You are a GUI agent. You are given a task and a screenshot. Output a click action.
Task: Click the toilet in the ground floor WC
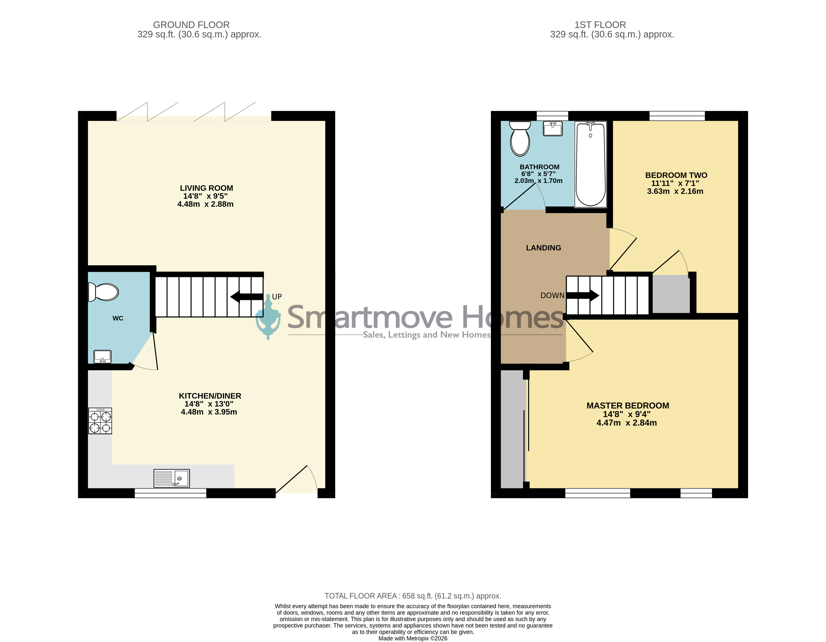tap(103, 292)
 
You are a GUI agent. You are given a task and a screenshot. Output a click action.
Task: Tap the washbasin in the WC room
tap(102, 356)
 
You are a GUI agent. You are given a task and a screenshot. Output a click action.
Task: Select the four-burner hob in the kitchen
tap(100, 420)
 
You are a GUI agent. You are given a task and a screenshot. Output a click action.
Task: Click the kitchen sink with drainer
tap(172, 478)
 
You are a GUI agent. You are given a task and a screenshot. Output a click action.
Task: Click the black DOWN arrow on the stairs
tap(582, 295)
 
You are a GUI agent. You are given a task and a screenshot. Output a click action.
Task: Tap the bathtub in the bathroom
tap(590, 164)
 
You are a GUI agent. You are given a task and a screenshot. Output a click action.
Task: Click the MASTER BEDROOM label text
tap(628, 405)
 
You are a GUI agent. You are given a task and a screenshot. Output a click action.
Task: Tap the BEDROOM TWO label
tap(676, 175)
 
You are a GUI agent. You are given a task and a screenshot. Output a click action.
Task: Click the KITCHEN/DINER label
tap(210, 396)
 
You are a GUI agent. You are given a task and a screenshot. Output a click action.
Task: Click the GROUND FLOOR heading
tap(191, 25)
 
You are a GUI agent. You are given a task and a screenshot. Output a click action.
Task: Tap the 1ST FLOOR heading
tap(600, 25)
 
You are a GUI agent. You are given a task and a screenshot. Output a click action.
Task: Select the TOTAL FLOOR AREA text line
tap(413, 596)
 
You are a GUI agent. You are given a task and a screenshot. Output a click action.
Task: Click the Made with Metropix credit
tap(413, 638)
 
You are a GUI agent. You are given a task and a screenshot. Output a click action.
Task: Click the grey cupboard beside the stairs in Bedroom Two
tap(671, 294)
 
